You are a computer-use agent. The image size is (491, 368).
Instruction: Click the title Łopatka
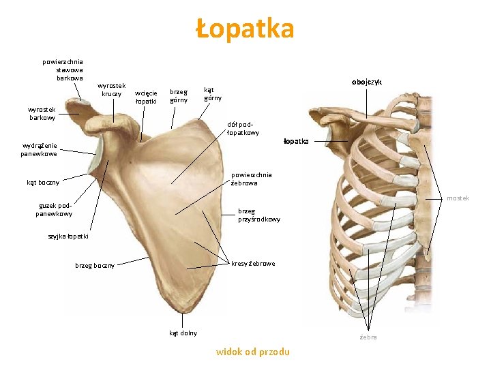tap(245, 29)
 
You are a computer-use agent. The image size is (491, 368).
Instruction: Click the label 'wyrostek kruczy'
tap(113, 89)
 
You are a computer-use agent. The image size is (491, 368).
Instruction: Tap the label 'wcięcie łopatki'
tap(146, 97)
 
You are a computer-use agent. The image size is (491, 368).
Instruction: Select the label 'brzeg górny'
tap(179, 95)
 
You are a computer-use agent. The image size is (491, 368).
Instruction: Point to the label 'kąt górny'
tap(213, 93)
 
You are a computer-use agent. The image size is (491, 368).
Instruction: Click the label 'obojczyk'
tap(367, 82)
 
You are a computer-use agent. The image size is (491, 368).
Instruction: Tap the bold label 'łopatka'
tap(296, 141)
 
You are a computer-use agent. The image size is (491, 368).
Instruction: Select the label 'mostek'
tap(458, 198)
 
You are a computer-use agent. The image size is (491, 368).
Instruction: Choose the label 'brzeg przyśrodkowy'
tap(258, 215)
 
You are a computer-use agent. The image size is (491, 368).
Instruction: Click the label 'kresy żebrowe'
tap(253, 263)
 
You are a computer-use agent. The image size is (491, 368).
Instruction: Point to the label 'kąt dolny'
tap(183, 333)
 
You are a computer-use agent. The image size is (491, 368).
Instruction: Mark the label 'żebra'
tap(368, 337)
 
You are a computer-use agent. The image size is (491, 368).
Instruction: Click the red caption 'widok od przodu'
tap(252, 352)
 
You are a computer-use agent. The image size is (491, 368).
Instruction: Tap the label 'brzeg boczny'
tap(95, 265)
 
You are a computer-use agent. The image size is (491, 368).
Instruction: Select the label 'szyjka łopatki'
tap(68, 236)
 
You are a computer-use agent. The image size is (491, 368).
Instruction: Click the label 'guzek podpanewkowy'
tap(54, 209)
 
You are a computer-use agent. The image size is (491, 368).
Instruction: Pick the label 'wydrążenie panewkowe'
tap(39, 149)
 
